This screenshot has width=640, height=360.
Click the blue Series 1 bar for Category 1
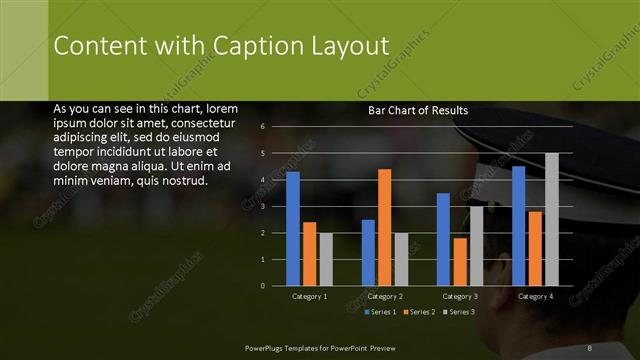tap(293, 229)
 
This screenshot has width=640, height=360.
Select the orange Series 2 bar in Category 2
tap(384, 227)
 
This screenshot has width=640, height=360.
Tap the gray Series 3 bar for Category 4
tap(551, 219)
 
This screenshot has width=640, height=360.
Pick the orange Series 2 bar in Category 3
tap(460, 261)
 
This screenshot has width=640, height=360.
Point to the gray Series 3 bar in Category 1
tap(326, 259)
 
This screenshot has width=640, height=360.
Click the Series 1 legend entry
tap(382, 312)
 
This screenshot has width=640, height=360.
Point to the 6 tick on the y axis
tap(262, 127)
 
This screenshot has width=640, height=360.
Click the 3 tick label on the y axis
tap(262, 206)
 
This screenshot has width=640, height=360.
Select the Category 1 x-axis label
tap(309, 297)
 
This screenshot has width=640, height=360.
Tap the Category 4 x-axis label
tap(535, 297)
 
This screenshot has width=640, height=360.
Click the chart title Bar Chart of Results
tap(418, 110)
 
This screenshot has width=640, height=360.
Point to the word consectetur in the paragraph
tap(202, 121)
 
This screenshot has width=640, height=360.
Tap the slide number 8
tap(591, 347)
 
